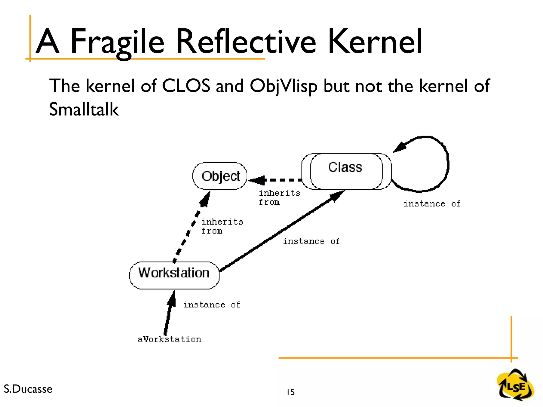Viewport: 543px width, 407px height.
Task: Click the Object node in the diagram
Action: point(220,176)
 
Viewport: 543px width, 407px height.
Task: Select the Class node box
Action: point(346,171)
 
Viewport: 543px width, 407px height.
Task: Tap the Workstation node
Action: point(174,275)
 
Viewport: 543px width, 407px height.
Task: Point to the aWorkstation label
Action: point(169,339)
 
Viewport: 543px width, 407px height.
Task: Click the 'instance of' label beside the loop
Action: point(432,204)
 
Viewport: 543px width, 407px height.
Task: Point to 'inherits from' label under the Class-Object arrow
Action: point(279,198)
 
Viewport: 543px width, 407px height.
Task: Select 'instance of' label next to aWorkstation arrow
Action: point(212,305)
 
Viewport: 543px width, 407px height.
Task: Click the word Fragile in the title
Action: point(117,42)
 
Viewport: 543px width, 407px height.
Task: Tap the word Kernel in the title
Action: point(375,42)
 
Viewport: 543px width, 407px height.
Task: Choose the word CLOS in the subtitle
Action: point(186,86)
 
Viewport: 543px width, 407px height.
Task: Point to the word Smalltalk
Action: point(84,109)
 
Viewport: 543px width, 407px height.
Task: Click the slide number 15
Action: point(291,392)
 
